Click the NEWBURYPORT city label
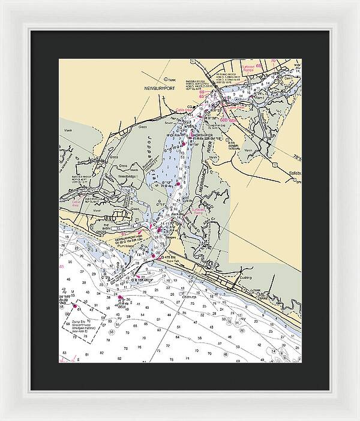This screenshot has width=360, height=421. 158,88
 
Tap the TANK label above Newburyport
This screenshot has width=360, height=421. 173,79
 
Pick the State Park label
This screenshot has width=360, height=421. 172,261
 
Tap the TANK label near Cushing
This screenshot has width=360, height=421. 257,290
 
